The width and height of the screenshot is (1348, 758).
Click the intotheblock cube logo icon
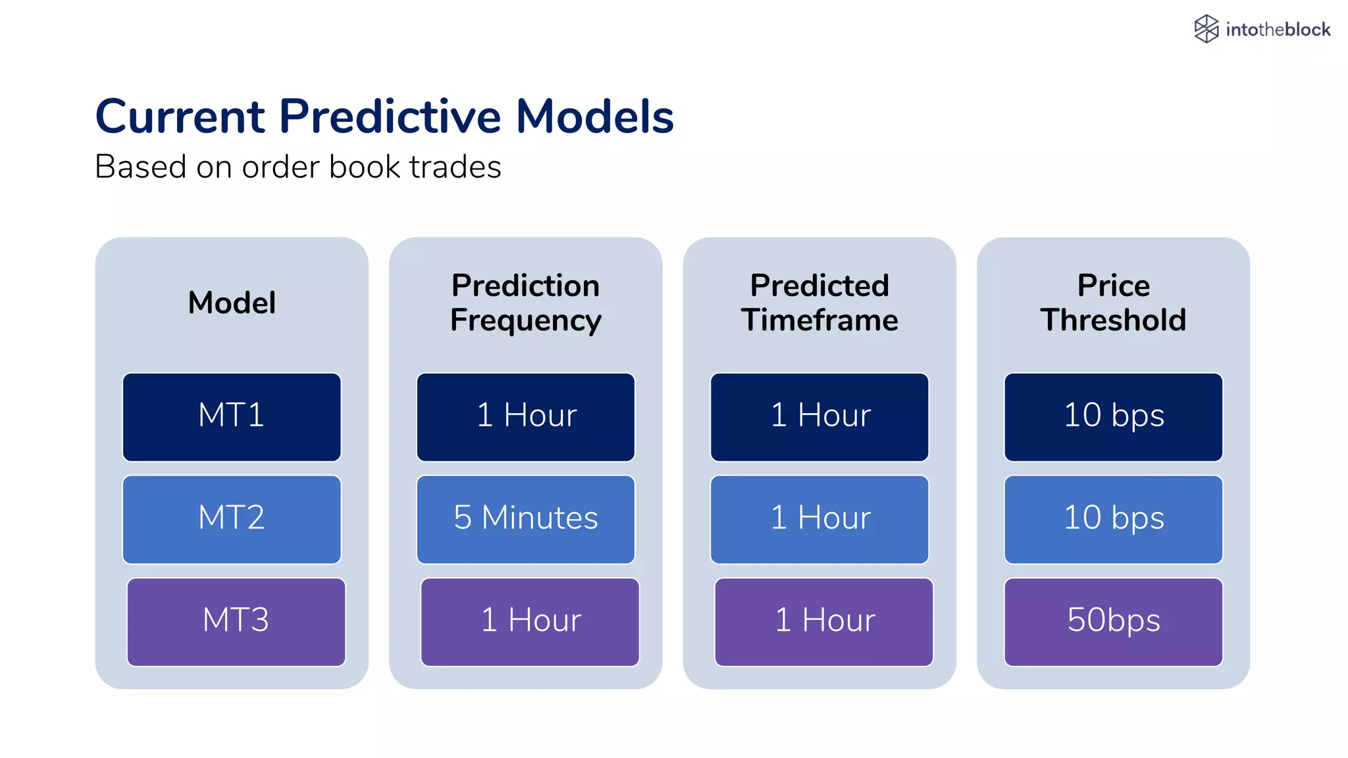tap(1206, 29)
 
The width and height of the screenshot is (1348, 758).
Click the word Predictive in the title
tap(390, 116)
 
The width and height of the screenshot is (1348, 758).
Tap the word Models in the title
tap(594, 116)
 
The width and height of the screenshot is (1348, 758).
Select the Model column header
tap(232, 303)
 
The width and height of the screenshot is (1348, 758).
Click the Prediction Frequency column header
tap(525, 303)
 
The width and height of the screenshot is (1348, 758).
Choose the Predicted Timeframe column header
tap(819, 303)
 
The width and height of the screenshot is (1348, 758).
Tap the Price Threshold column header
tap(1113, 303)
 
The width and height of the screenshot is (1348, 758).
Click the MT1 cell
tap(232, 417)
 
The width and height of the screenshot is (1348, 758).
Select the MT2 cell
tap(232, 519)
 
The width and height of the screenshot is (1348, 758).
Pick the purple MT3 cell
tap(236, 622)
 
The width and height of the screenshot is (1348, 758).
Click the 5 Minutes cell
tap(525, 519)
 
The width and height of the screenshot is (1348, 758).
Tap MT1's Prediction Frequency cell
tap(525, 417)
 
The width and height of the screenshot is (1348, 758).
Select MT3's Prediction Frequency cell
tap(530, 622)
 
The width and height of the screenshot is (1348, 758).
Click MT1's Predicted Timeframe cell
tap(819, 417)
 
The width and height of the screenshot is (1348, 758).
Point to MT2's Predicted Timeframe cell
tap(819, 519)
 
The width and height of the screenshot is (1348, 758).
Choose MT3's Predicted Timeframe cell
tap(823, 622)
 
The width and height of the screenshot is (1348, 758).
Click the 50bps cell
tap(1113, 622)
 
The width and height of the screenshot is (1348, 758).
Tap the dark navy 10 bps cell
tap(1113, 417)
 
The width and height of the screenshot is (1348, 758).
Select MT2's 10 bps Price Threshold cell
tap(1113, 519)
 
